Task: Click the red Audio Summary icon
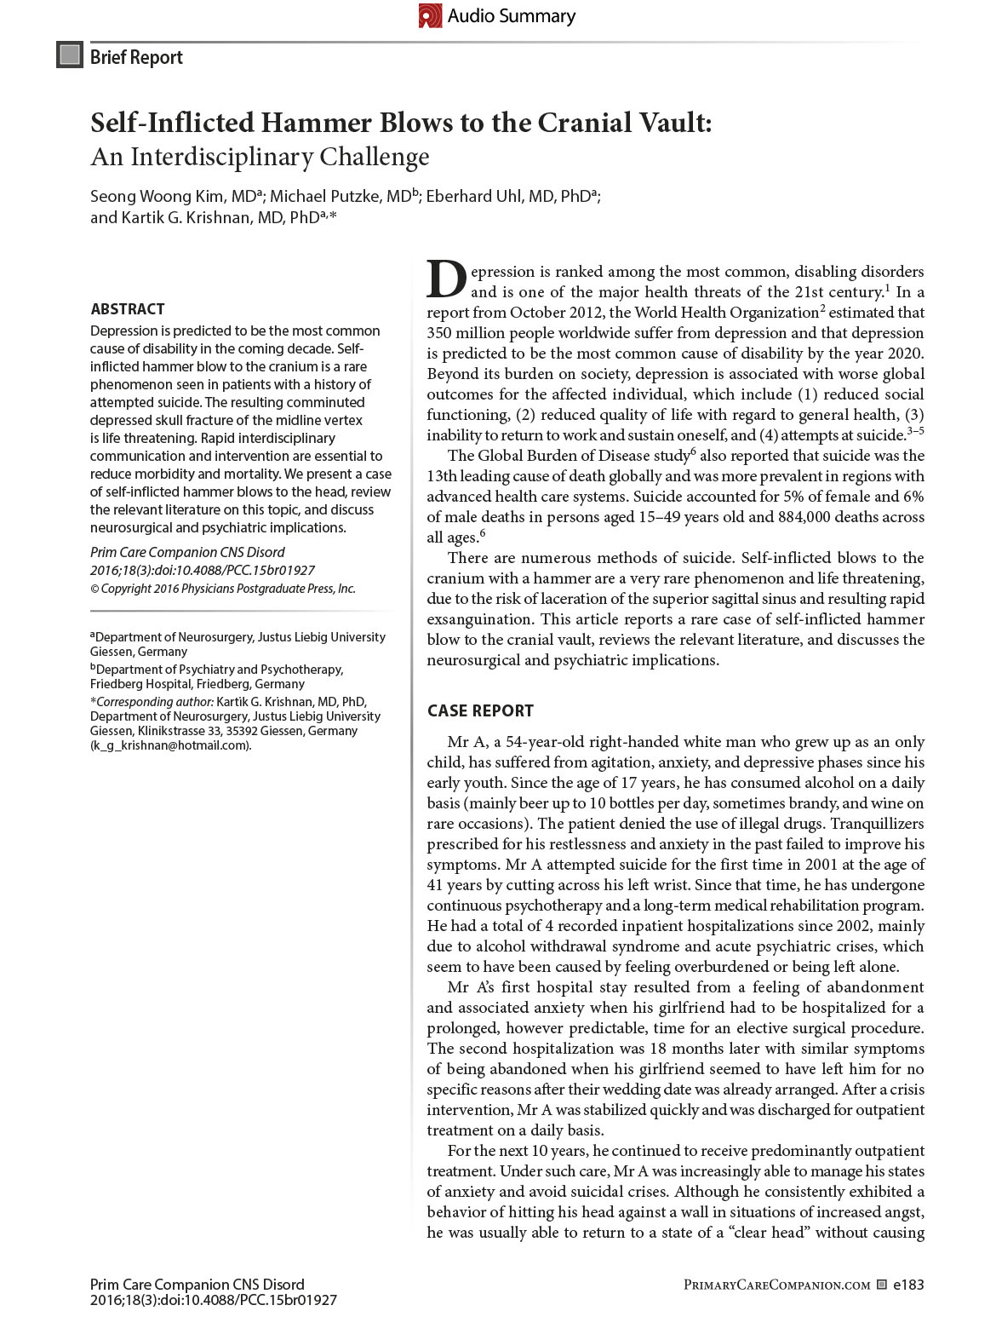(430, 15)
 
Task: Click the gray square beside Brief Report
(69, 55)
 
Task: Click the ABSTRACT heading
(128, 309)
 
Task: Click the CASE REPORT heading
(480, 711)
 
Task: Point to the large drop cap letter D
(446, 279)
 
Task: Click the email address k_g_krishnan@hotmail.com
(170, 745)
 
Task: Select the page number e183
(908, 1285)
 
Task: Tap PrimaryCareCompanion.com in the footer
(777, 1285)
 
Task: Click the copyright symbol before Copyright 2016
(94, 589)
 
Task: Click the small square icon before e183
(882, 1285)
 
